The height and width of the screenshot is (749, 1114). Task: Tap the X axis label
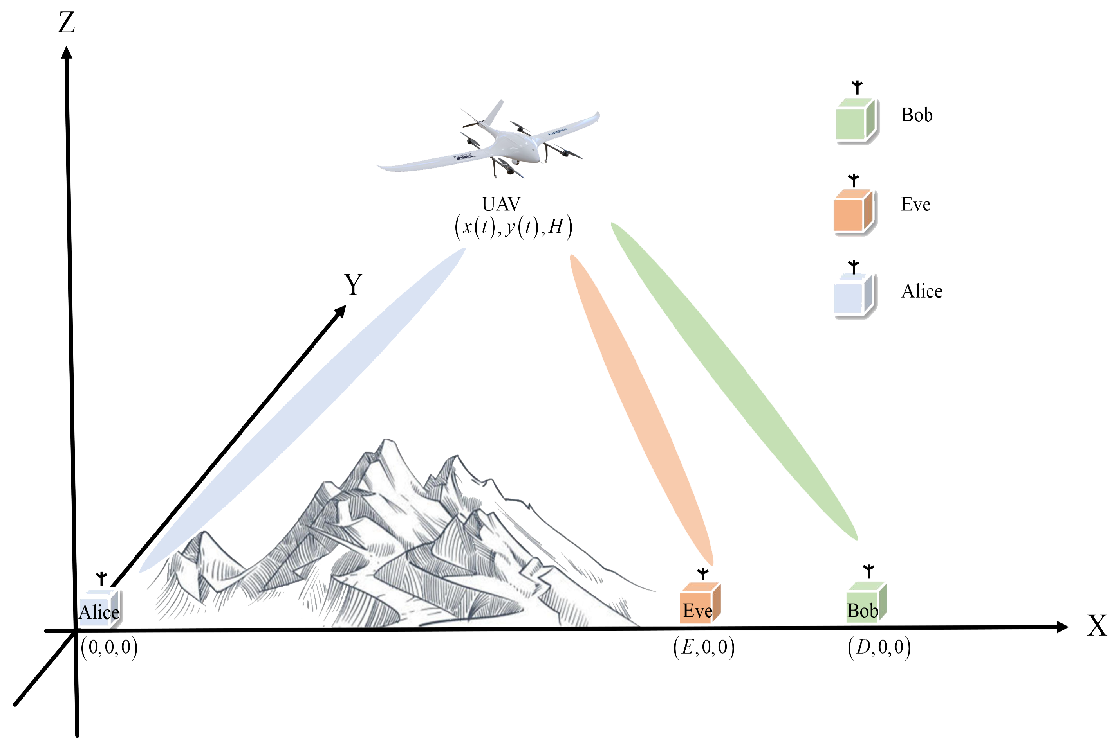1096,625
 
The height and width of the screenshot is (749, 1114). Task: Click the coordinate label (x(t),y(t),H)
513,226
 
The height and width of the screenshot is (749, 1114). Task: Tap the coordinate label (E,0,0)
704,647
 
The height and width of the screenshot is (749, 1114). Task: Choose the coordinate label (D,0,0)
879,647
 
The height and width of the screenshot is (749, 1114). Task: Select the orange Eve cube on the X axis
699,603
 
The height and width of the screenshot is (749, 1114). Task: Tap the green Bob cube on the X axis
865,602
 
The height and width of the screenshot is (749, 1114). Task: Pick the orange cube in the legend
853,211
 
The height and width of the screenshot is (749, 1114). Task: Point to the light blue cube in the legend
854,295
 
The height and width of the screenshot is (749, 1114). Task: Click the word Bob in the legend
917,115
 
